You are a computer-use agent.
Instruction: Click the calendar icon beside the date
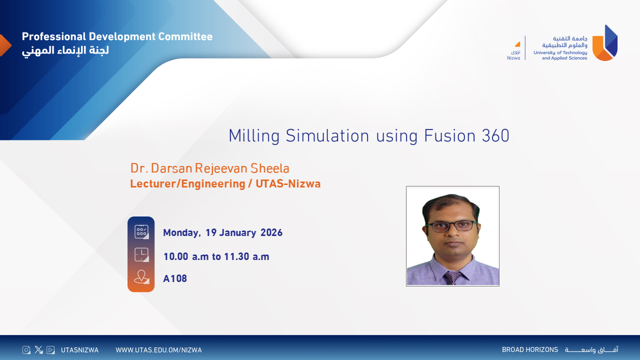pyautogui.click(x=141, y=231)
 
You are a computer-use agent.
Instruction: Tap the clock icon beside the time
pyautogui.click(x=141, y=254)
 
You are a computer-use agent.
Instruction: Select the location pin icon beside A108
pyautogui.click(x=141, y=277)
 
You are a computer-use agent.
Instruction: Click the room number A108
pyautogui.click(x=175, y=278)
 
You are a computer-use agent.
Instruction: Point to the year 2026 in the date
pyautogui.click(x=271, y=232)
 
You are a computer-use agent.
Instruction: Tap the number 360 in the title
pyautogui.click(x=495, y=135)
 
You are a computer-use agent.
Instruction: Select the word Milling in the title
pyautogui.click(x=254, y=136)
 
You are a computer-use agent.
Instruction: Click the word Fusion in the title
pyautogui.click(x=449, y=135)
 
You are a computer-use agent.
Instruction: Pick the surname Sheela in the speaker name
pyautogui.click(x=270, y=168)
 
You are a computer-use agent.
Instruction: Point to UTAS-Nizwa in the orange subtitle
pyautogui.click(x=288, y=183)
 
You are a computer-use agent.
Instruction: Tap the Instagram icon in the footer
pyautogui.click(x=26, y=350)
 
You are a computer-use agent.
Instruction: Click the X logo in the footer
pyautogui.click(x=38, y=349)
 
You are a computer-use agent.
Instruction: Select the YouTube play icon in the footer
pyautogui.click(x=50, y=350)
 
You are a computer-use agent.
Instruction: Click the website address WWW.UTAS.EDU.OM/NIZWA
pyautogui.click(x=158, y=350)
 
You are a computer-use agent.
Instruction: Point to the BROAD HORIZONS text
pyautogui.click(x=530, y=349)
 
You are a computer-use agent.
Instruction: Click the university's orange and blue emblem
pyautogui.click(x=605, y=43)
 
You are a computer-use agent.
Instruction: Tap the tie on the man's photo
pyautogui.click(x=452, y=277)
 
